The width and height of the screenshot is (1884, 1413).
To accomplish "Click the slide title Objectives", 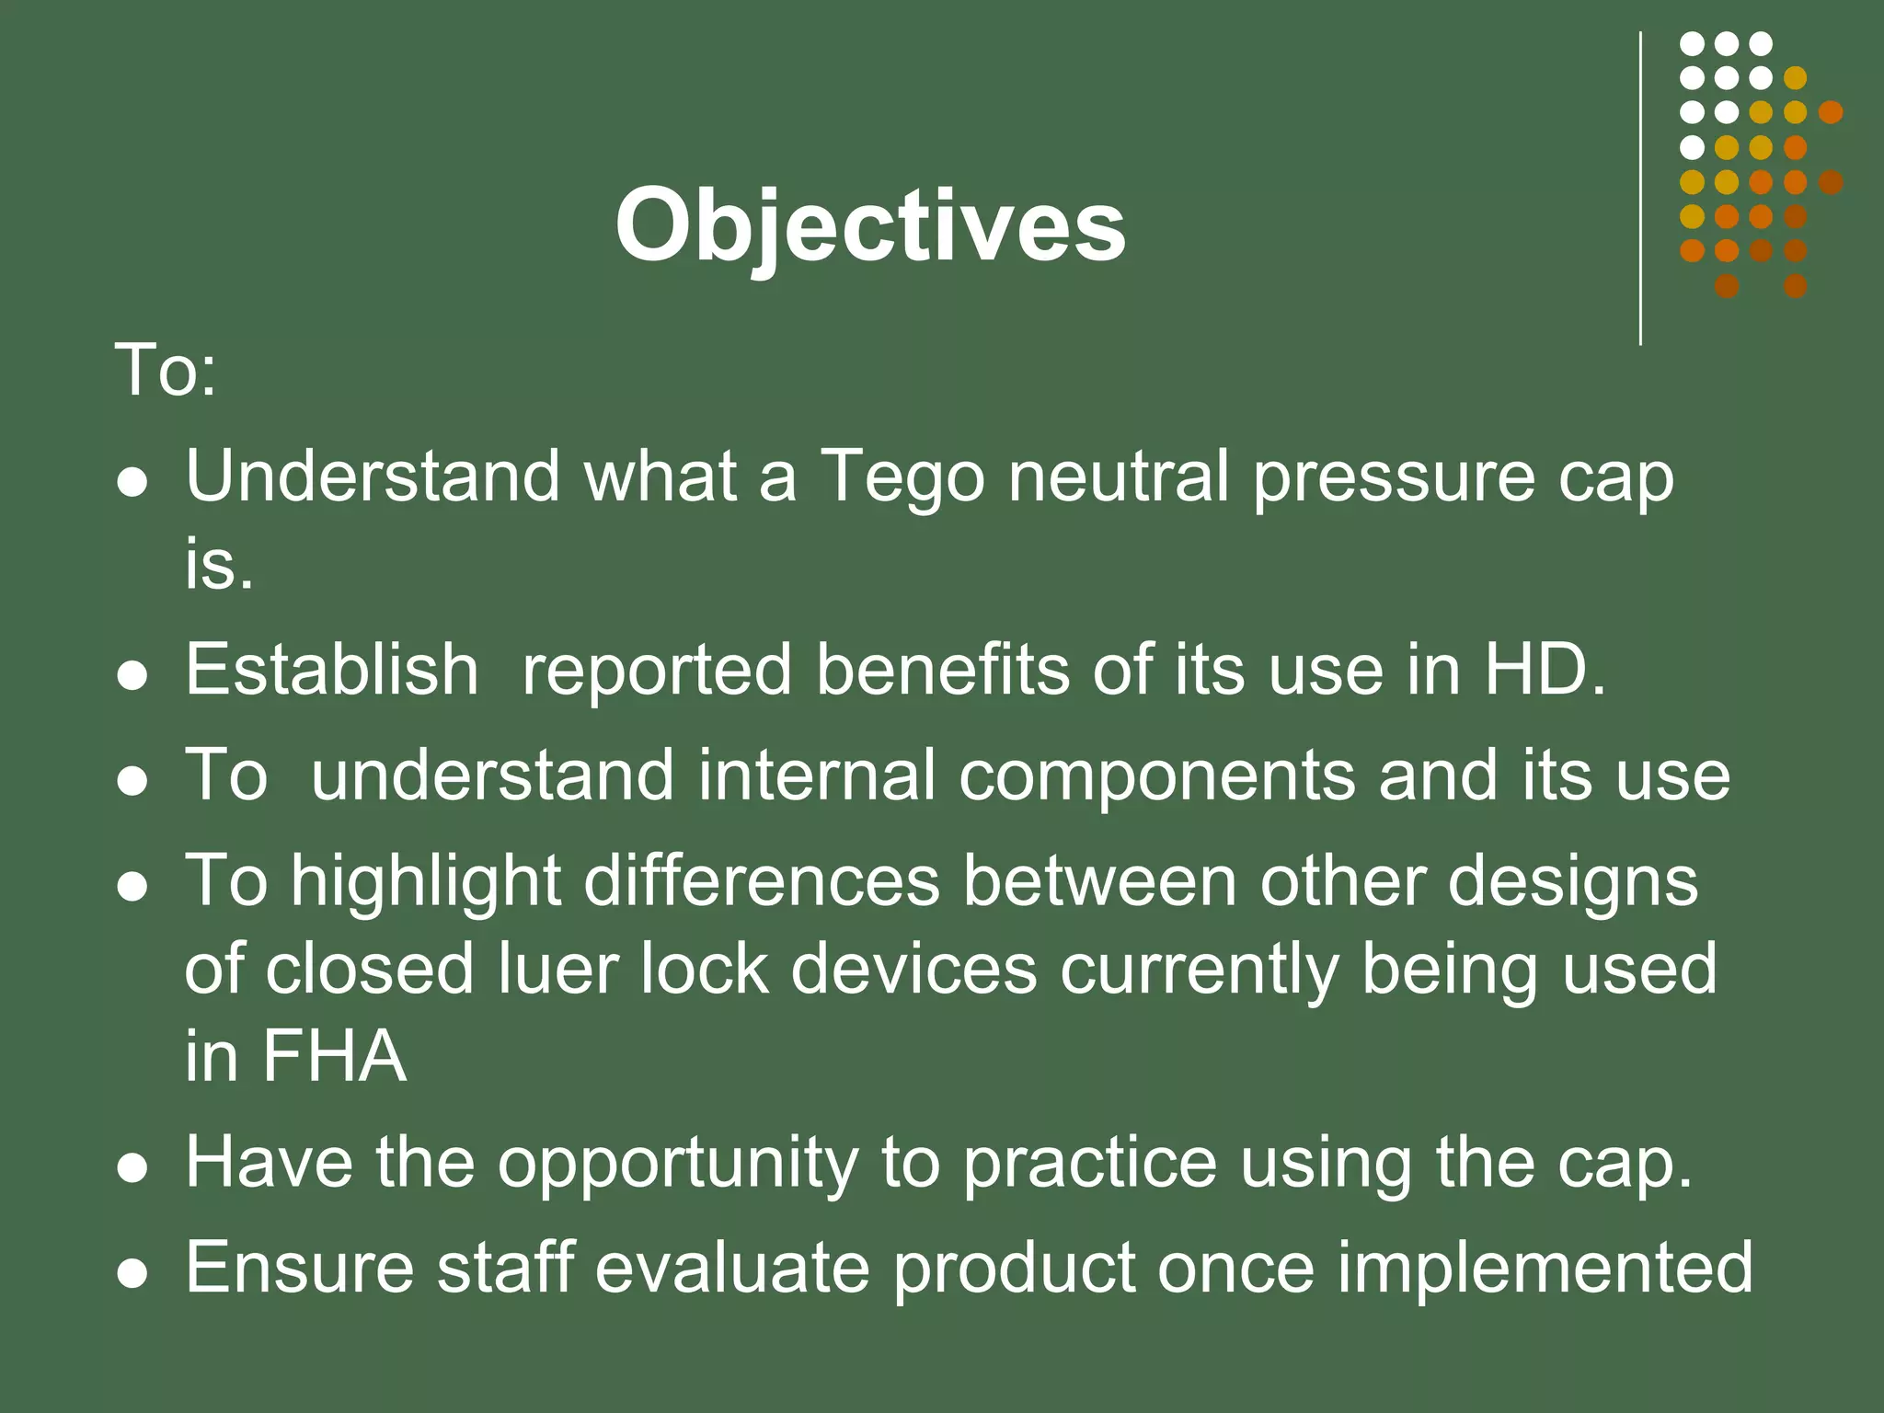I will coord(870,226).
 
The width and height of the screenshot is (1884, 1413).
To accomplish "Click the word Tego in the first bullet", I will coord(902,478).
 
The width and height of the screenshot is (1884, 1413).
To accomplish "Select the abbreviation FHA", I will coord(333,1056).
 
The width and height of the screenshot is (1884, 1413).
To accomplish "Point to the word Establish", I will coord(331,670).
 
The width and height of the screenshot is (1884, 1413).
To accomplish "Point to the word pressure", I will coord(1394,478).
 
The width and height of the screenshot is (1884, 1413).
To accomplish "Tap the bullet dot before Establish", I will coord(133,675).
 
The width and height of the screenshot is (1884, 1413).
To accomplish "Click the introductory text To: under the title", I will coord(166,371).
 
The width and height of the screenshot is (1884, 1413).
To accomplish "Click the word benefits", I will coord(942,670).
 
